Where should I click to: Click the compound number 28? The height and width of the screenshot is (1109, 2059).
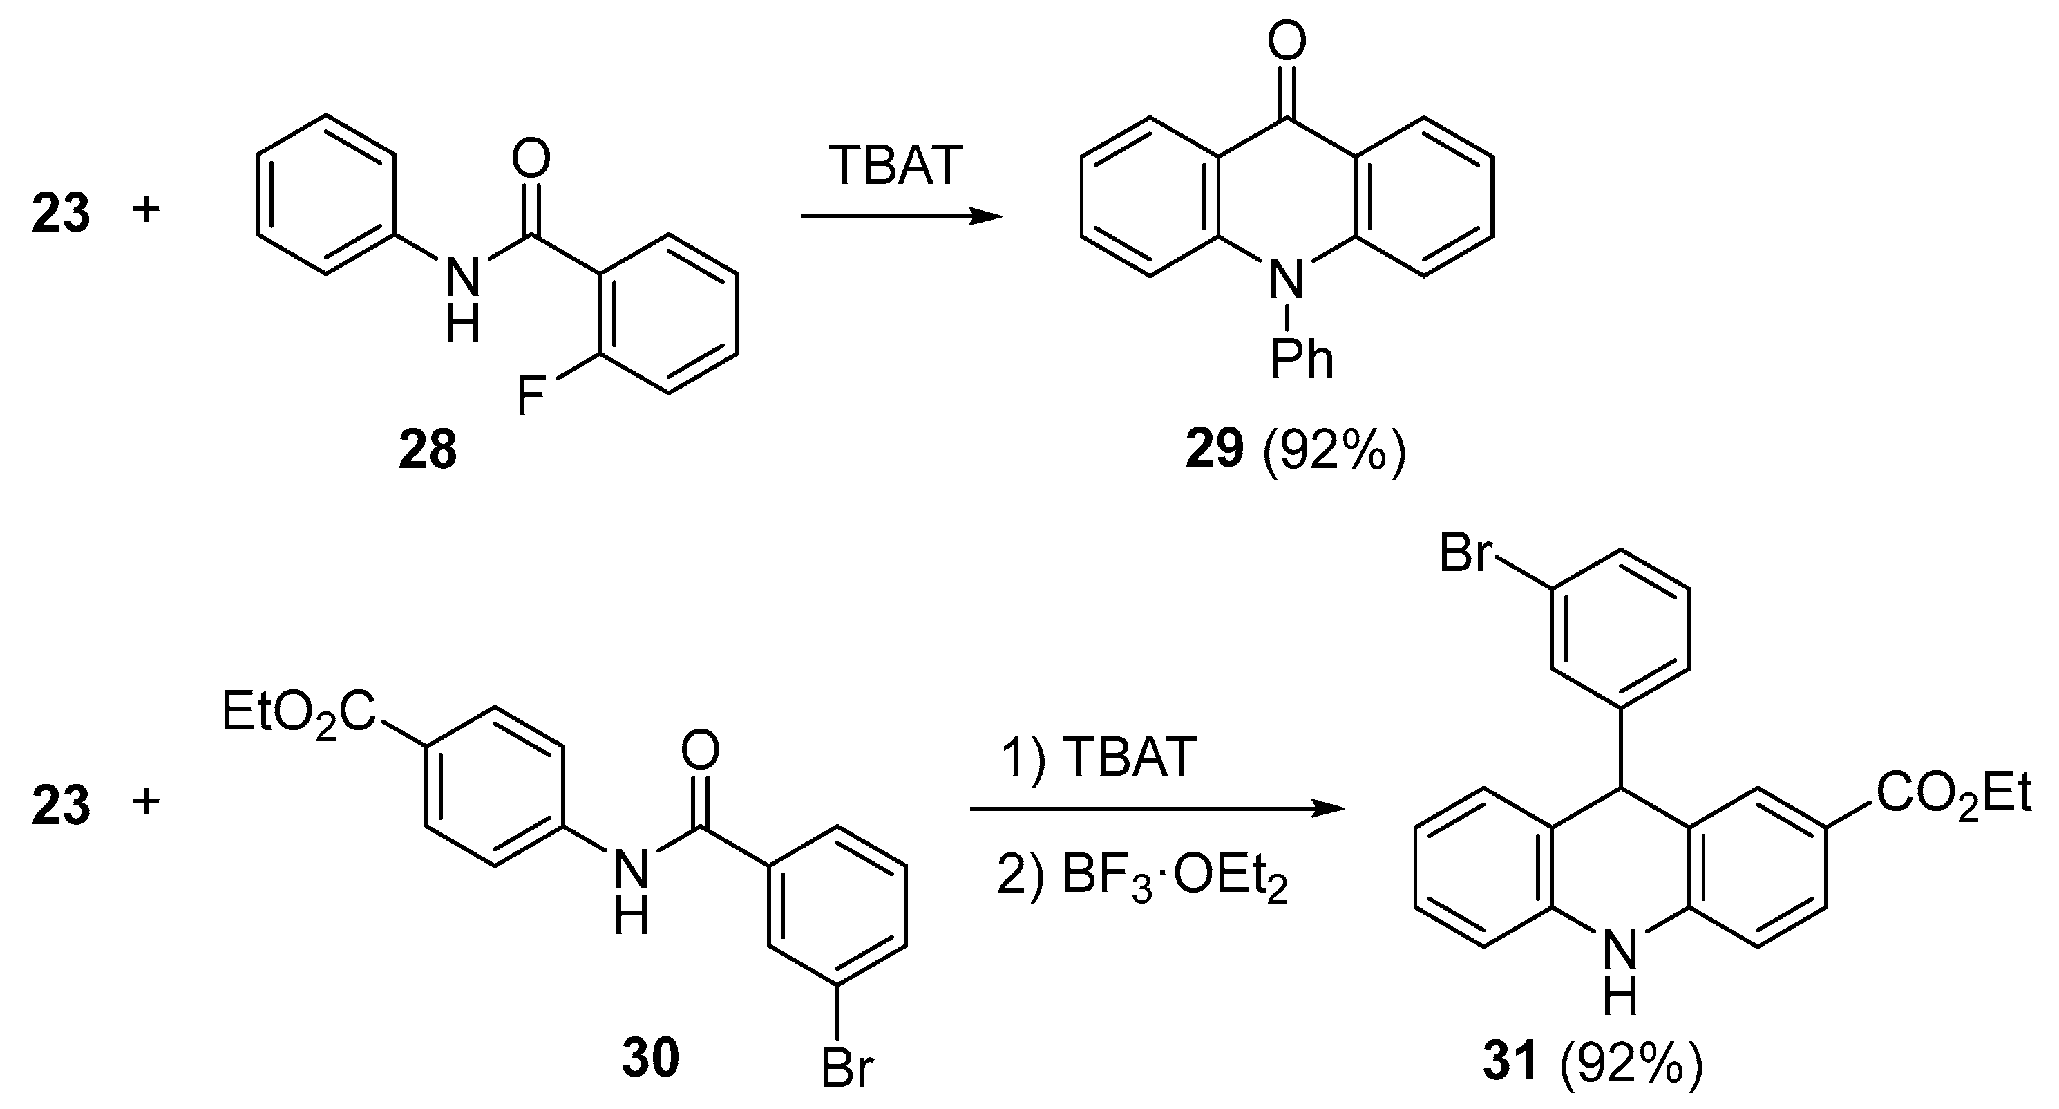pos(428,450)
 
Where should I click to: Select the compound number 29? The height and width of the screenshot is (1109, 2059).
pos(1214,450)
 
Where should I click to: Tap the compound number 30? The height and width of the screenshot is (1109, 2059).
pos(651,1057)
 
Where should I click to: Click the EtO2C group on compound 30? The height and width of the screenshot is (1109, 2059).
pos(298,714)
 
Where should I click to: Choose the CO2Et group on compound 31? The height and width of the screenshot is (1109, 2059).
pos(1953,794)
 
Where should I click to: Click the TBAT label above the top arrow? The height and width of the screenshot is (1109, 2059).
pos(895,167)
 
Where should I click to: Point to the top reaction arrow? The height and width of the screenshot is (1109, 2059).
pos(901,216)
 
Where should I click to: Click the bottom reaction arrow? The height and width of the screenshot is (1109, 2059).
pos(1157,809)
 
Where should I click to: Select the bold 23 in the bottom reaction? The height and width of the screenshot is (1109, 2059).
pos(61,804)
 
